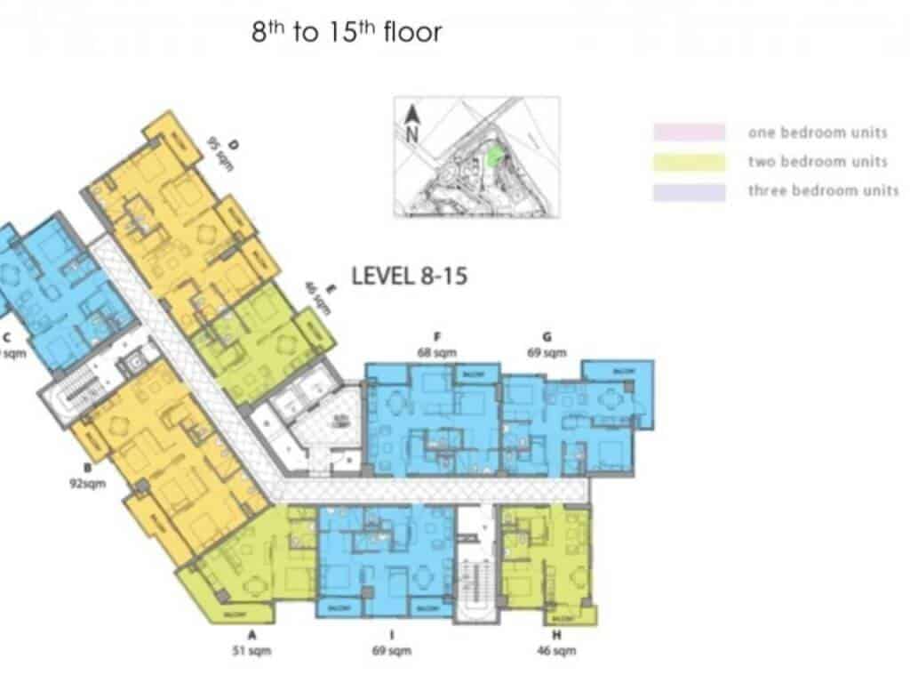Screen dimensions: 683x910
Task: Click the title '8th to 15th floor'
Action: coord(347,34)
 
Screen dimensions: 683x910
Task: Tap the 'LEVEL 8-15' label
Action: coord(410,276)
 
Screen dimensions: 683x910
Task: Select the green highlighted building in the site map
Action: coord(494,157)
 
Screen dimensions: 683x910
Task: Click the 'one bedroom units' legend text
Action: coord(818,133)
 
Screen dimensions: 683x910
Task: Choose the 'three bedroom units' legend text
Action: coord(823,190)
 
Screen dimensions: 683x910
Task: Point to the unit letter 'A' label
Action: coord(251,635)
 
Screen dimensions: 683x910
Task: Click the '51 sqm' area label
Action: coord(251,650)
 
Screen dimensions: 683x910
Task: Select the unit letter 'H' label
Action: coord(555,635)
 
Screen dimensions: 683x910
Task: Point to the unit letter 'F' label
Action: coord(437,337)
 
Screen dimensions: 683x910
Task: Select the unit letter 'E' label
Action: coord(330,288)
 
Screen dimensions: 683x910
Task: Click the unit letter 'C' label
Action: coord(7,337)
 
